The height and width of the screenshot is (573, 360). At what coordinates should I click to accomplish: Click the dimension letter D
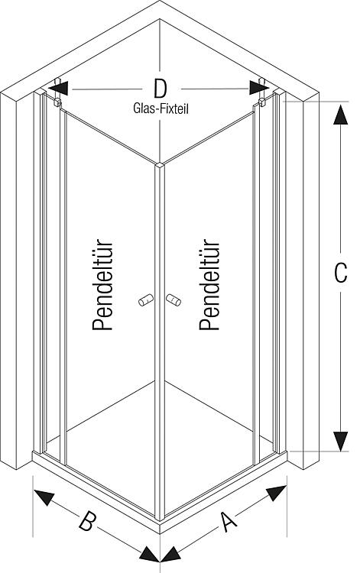point(160,89)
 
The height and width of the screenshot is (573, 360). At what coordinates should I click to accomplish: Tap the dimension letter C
point(341,272)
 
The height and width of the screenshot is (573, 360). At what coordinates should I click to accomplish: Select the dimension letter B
point(88,521)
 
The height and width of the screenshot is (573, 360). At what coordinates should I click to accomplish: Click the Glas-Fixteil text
point(161,108)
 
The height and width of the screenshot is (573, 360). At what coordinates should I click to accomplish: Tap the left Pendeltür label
point(102,286)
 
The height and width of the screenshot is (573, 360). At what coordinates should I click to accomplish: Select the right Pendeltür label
point(209,285)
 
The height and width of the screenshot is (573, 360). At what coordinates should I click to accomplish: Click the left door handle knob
point(145,300)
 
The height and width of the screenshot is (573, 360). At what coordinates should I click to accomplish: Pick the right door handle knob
point(174,299)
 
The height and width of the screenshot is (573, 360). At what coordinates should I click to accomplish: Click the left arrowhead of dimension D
point(58,89)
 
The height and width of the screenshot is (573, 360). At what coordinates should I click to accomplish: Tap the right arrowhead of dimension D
point(260,88)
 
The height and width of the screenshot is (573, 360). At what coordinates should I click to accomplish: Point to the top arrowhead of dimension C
point(341,115)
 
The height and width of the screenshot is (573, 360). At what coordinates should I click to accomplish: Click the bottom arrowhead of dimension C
point(341,442)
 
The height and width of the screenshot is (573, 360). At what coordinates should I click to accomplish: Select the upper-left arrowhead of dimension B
point(44,497)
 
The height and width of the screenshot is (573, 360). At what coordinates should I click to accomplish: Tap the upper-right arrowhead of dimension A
point(276,494)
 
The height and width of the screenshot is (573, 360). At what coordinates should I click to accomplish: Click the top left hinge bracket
point(57,92)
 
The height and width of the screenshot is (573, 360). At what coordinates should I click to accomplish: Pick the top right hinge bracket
point(261,92)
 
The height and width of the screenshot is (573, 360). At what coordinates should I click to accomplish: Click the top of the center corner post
point(160,166)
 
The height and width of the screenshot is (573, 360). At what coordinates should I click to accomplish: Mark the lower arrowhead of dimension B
point(150,555)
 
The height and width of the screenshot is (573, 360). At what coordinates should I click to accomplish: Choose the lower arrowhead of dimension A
point(170,555)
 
